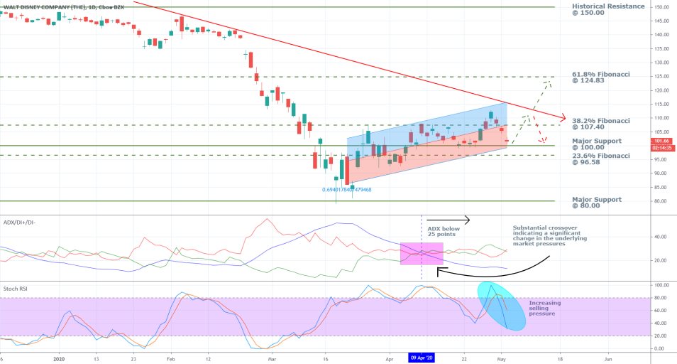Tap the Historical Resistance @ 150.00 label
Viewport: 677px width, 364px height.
coord(608,10)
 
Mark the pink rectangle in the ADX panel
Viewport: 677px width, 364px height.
coord(422,254)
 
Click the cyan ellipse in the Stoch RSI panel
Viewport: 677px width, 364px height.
coord(501,306)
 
